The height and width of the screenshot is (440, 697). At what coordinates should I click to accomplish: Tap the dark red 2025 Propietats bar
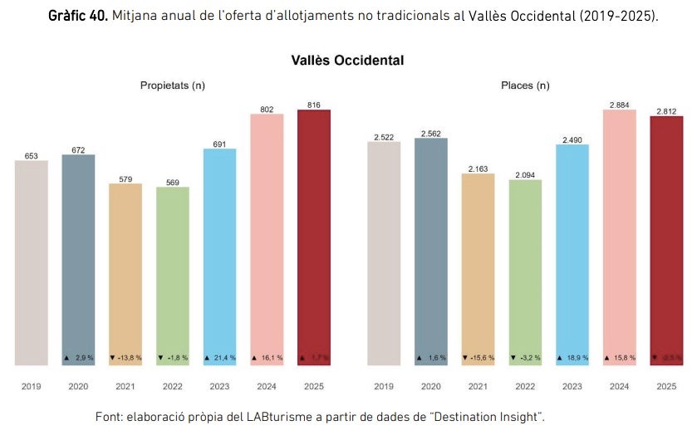click(x=314, y=237)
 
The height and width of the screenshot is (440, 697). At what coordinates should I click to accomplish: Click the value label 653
click(x=32, y=156)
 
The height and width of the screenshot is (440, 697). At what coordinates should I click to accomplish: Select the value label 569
click(x=173, y=183)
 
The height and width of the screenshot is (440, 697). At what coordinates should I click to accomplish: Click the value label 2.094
click(x=525, y=175)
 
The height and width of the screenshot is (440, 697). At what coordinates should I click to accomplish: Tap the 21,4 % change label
click(x=220, y=358)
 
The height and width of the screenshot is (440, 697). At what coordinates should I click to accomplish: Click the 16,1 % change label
click(x=267, y=358)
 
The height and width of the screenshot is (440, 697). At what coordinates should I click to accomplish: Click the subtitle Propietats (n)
click(x=173, y=86)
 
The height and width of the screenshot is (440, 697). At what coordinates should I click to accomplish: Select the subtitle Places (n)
click(x=525, y=86)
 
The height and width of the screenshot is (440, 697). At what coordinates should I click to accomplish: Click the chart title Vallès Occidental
click(x=347, y=61)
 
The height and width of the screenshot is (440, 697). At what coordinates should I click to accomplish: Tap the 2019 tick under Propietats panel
click(x=32, y=386)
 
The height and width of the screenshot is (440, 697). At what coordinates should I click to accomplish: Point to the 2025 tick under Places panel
click(x=666, y=386)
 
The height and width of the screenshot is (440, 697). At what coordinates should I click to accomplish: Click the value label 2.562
click(x=431, y=134)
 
